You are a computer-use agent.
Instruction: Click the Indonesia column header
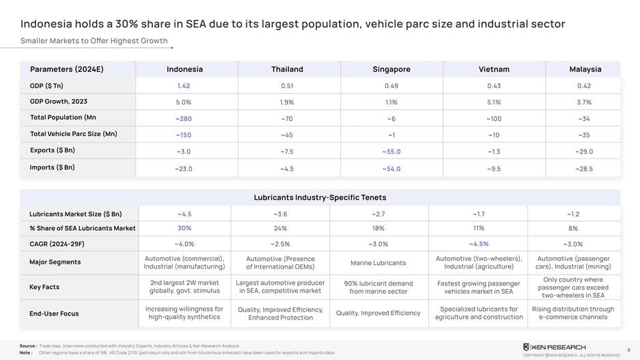(x=184, y=69)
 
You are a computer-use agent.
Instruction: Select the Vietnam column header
(x=494, y=69)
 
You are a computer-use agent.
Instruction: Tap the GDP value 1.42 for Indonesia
(x=184, y=85)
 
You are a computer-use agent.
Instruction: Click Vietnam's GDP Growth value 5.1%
(x=494, y=102)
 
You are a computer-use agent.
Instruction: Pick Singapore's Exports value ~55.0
(x=391, y=152)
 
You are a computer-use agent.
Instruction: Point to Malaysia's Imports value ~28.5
(x=585, y=168)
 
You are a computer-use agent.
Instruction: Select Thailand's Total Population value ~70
(x=287, y=118)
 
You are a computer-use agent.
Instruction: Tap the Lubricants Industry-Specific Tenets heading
(x=320, y=197)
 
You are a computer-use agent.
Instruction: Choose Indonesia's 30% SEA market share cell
(x=184, y=228)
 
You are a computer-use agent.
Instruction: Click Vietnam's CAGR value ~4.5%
(x=478, y=244)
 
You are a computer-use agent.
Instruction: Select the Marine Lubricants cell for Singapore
(x=378, y=263)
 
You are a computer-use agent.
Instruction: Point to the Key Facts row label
(x=44, y=287)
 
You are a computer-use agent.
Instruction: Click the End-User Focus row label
(x=54, y=314)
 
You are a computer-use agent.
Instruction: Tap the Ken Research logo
(x=554, y=347)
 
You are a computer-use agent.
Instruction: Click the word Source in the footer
(x=27, y=346)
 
